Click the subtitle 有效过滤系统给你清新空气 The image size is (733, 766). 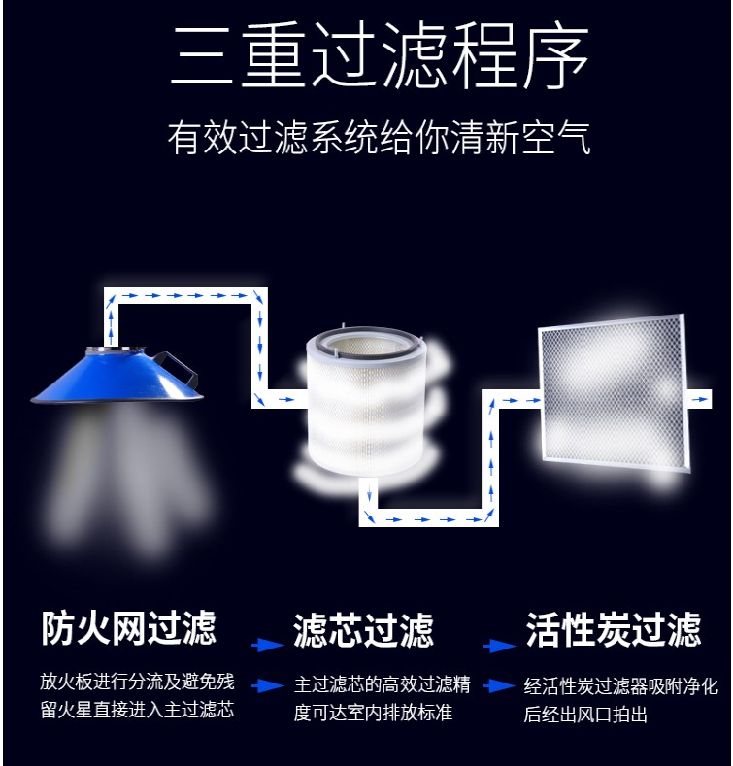380,138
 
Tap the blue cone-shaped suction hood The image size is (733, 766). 117,376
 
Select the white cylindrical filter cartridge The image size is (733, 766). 367,402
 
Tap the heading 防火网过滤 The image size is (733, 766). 128,628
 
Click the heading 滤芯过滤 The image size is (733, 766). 363,631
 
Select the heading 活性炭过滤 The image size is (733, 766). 614,630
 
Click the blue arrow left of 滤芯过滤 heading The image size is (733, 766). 268,645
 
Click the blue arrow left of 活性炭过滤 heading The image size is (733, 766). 500,646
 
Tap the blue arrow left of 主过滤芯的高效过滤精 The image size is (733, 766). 268,685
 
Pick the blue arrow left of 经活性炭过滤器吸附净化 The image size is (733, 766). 499,685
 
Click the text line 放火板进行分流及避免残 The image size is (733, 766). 137,682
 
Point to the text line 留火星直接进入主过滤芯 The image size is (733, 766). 137,710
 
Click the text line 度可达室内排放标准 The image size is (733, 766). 373,713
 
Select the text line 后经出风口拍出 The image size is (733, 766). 585,715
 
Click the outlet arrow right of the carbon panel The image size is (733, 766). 701,399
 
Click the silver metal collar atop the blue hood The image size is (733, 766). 116,350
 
